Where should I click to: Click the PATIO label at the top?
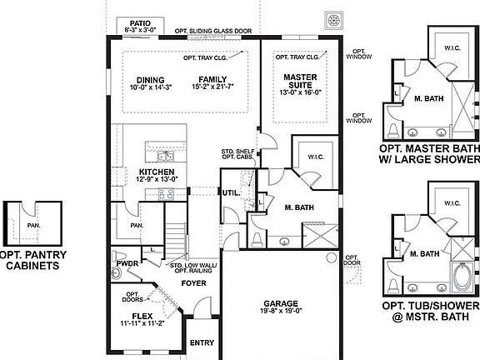139,22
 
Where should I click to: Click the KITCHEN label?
157,172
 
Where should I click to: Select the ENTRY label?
202,342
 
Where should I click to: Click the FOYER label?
194,283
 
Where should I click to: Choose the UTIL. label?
232,193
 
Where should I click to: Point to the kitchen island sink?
164,154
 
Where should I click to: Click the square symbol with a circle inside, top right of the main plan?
334,19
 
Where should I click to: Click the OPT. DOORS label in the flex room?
132,297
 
